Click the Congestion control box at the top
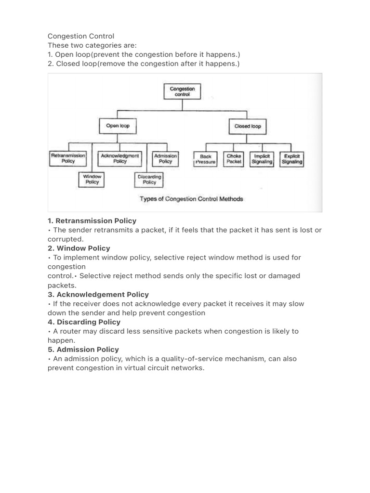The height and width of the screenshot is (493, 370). tap(183, 92)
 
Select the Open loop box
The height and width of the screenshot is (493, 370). tap(118, 126)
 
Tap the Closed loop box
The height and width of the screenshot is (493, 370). tap(247, 127)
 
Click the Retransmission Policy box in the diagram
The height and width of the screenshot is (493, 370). tap(68, 159)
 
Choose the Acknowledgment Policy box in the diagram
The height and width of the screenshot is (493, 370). tap(120, 159)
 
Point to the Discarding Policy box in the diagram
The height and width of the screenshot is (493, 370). tap(149, 180)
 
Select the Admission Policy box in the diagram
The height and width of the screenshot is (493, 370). tap(165, 159)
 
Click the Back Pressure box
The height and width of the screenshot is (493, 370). tap(206, 159)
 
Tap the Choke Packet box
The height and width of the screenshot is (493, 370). tap(234, 159)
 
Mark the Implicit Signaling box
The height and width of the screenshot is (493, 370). tap(262, 159)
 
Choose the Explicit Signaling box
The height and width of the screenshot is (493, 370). tap(291, 159)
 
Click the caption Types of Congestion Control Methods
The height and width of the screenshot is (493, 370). tap(191, 199)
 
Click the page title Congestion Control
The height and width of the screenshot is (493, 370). tap(81, 37)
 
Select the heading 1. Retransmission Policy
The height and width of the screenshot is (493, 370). tap(92, 221)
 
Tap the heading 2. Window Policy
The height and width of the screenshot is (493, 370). tap(79, 248)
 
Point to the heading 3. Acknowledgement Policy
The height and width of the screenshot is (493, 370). tap(98, 294)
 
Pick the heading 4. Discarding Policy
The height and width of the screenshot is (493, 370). tap(84, 322)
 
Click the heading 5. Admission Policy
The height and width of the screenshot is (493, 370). tap(83, 350)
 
